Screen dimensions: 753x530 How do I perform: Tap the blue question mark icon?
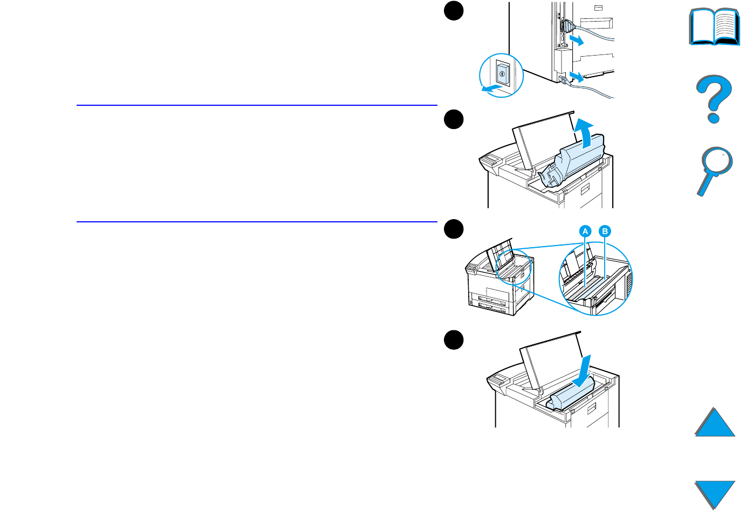pos(714,98)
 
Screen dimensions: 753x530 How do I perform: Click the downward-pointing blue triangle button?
pos(714,493)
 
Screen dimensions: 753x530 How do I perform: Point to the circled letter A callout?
pos(585,232)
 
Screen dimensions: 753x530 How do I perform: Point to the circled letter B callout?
pos(605,232)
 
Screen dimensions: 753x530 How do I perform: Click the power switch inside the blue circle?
pos(502,74)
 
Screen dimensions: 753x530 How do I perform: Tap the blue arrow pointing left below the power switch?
pos(491,88)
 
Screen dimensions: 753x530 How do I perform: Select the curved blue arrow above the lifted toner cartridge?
pos(584,132)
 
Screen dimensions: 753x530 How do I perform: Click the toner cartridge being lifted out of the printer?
pos(574,164)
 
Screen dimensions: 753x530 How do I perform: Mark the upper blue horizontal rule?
pos(257,105)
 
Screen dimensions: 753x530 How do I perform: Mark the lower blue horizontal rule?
pos(257,222)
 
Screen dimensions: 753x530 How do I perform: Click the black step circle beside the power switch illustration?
pos(454,11)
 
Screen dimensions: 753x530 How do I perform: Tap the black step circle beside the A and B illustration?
pos(454,229)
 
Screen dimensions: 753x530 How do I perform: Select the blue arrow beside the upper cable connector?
pos(576,40)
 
